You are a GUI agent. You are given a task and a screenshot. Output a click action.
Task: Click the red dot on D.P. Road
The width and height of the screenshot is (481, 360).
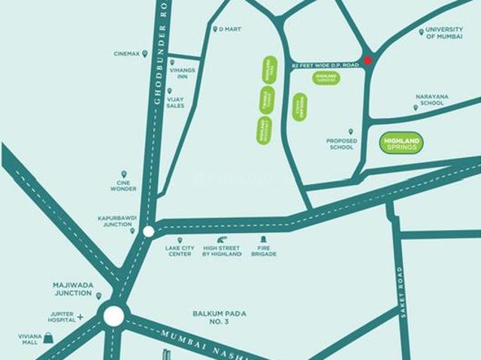368,61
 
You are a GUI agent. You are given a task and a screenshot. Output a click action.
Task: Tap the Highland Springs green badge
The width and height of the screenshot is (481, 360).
402,143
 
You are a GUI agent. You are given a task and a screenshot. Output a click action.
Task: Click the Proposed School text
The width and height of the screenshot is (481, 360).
340,144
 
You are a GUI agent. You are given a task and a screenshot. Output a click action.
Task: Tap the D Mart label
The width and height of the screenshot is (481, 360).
228,29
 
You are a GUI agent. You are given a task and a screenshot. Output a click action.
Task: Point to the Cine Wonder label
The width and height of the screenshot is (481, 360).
123,184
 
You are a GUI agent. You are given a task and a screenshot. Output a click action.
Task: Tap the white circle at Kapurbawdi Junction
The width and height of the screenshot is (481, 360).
149,231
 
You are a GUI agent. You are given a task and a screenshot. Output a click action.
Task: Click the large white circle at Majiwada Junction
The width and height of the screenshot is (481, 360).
113,315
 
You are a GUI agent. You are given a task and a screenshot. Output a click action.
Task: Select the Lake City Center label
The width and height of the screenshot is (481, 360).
180,251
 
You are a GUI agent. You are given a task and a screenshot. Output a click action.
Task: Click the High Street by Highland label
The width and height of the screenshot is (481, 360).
222,251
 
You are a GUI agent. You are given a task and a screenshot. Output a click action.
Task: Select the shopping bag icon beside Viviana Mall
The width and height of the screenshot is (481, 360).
48,337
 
